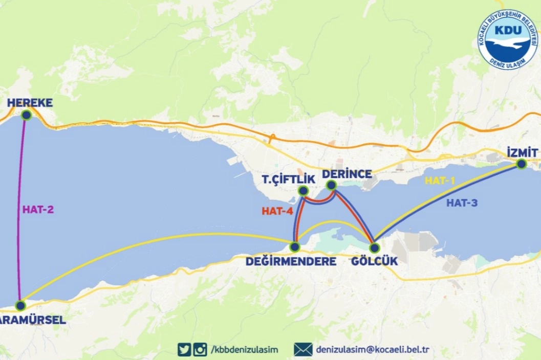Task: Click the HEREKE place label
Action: click(x=30, y=103)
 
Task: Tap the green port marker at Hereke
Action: click(x=27, y=115)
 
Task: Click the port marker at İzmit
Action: click(x=521, y=164)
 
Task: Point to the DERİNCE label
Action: click(x=347, y=174)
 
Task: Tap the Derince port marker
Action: click(x=331, y=185)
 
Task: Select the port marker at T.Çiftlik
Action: click(x=303, y=191)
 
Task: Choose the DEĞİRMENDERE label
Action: click(x=291, y=261)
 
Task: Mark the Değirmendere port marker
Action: click(x=295, y=247)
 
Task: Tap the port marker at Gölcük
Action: click(x=374, y=248)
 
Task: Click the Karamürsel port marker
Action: click(x=20, y=305)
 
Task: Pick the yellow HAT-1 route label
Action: click(x=440, y=181)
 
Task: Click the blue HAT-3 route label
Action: click(x=462, y=202)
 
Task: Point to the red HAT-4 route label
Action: click(x=277, y=210)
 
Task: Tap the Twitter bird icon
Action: click(x=184, y=350)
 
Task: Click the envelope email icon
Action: click(x=303, y=350)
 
